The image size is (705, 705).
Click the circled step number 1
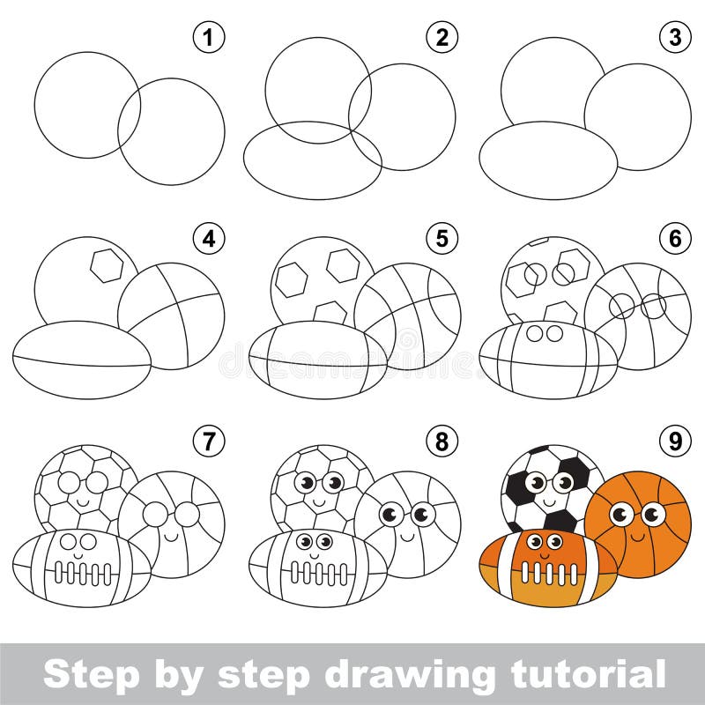pos(209,38)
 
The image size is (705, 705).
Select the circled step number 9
pos(676,441)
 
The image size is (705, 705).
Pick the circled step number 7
pos(209,441)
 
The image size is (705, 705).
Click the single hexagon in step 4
pos(107,264)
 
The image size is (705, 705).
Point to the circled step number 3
pos(676,38)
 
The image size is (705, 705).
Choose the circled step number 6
pos(676,239)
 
